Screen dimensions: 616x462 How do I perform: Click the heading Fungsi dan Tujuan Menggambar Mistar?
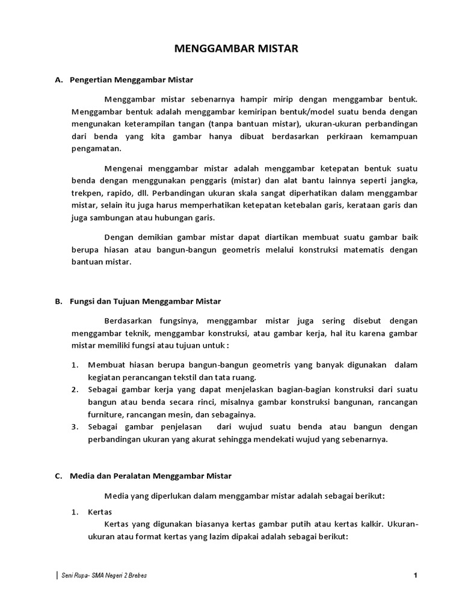click(145, 301)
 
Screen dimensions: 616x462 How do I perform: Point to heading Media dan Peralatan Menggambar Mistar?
click(150, 476)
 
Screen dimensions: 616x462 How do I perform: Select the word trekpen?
click(85, 193)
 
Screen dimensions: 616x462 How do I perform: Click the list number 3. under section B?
click(75, 427)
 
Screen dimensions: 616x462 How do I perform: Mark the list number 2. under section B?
click(75, 390)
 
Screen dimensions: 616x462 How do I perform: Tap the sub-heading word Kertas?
click(99, 511)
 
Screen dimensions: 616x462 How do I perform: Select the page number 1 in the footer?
click(415, 576)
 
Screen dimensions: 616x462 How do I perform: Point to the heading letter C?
click(58, 476)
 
